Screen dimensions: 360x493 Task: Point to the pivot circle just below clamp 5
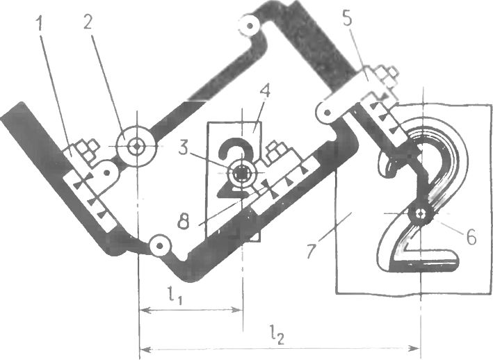(325, 111)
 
